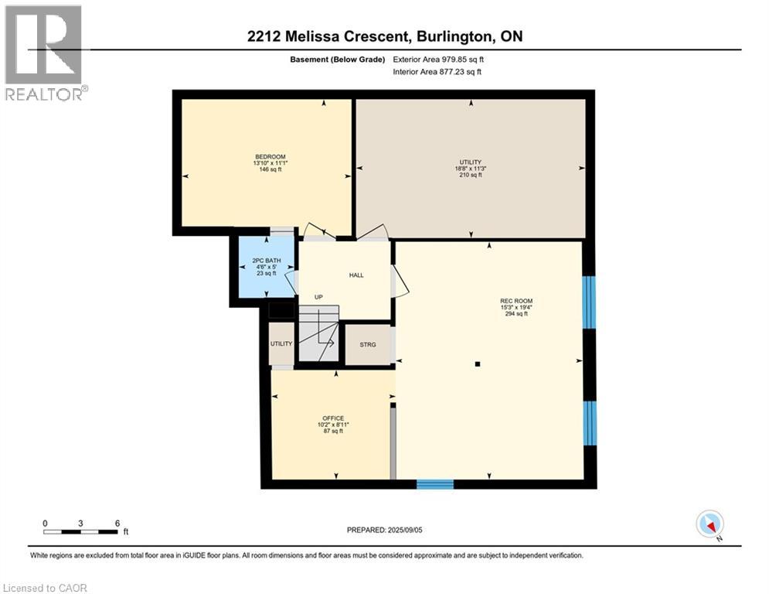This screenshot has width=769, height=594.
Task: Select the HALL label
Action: pos(356,275)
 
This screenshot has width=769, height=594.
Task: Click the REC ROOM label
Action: pos(516,301)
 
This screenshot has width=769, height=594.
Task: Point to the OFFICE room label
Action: pos(333,418)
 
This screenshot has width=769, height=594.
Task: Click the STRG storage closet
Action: pos(368,344)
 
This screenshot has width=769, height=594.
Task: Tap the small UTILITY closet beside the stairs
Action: pos(281,344)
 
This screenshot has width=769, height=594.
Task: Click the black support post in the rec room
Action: pos(478,364)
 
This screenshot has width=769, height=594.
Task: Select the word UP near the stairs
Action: pos(318,297)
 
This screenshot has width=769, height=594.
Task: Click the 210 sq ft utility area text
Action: pos(470,176)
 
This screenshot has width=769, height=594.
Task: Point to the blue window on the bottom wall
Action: pos(434,484)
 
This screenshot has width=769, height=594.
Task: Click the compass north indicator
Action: pos(709,524)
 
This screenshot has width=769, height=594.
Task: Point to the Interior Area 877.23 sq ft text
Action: pos(438,72)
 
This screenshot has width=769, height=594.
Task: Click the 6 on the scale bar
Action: pos(117,524)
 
